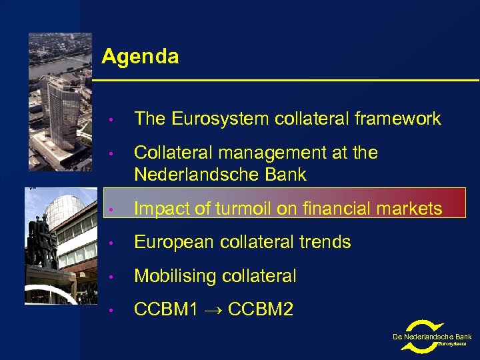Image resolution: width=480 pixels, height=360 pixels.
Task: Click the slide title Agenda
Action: pos(140,57)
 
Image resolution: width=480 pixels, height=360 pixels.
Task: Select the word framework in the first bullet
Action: pos(399,119)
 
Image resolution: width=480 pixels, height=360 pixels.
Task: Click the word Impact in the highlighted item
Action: pos(160,209)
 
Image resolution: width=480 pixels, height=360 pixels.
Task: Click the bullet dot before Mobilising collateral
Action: pos(114,277)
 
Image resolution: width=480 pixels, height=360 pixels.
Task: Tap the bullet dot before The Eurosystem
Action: pos(114,119)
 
